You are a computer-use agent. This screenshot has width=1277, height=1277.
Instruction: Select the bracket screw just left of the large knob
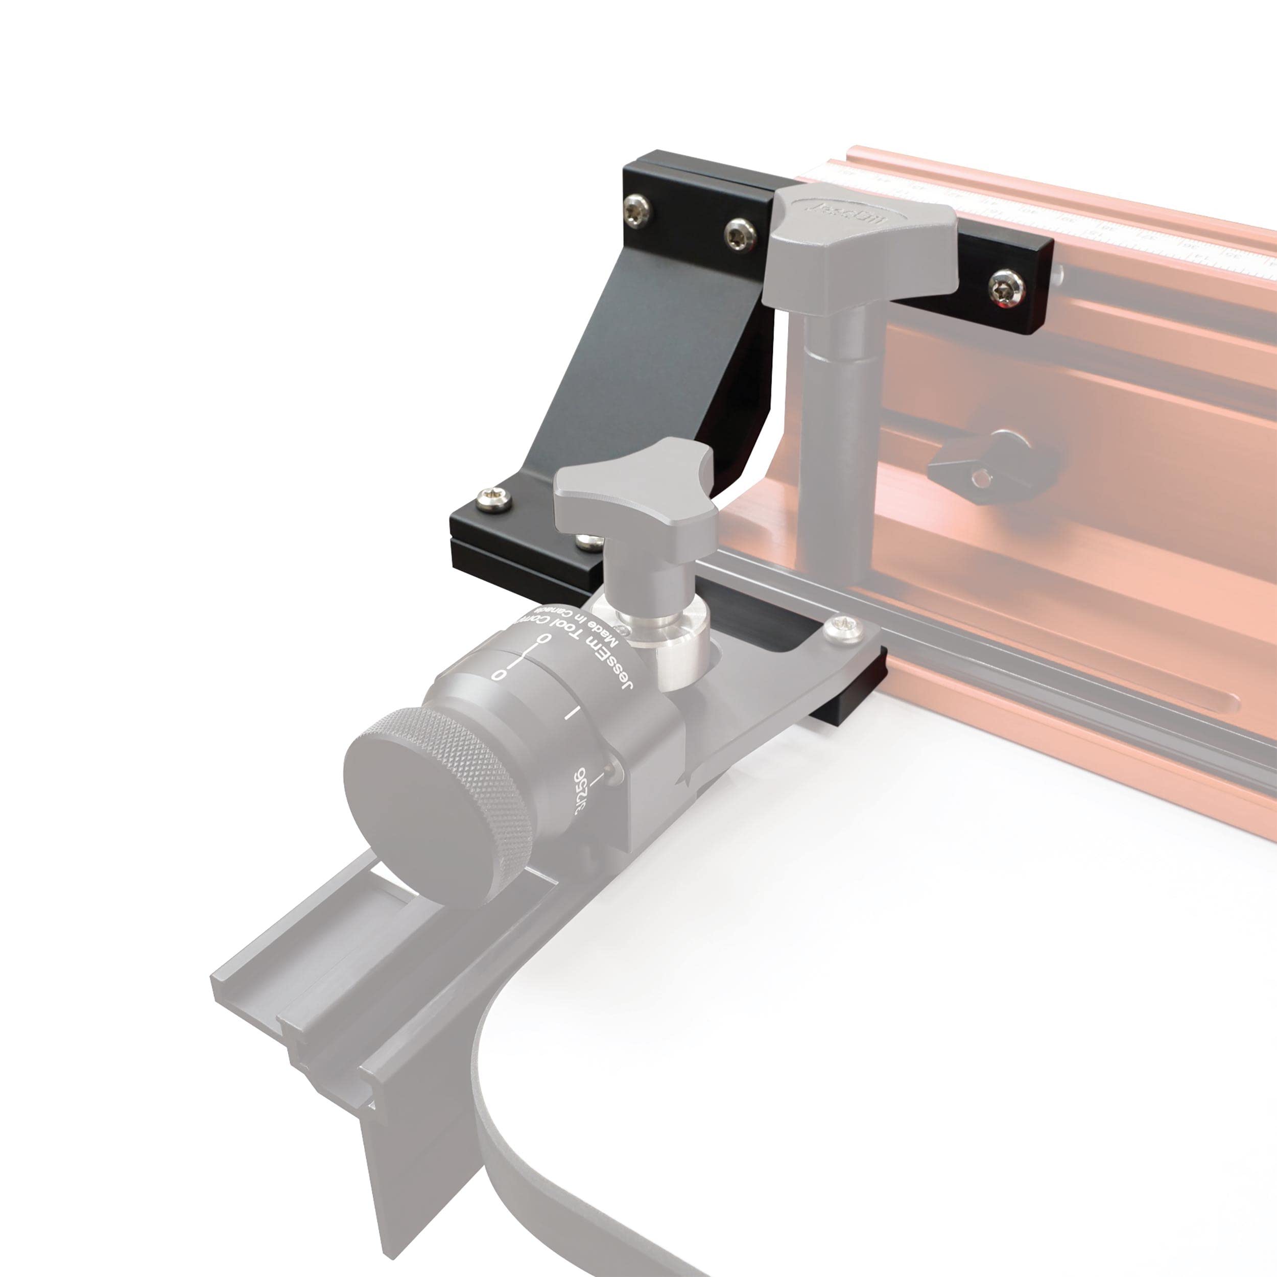[x=740, y=234]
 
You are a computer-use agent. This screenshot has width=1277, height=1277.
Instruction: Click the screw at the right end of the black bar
[x=1007, y=289]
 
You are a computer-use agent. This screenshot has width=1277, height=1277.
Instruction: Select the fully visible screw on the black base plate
[x=494, y=500]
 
